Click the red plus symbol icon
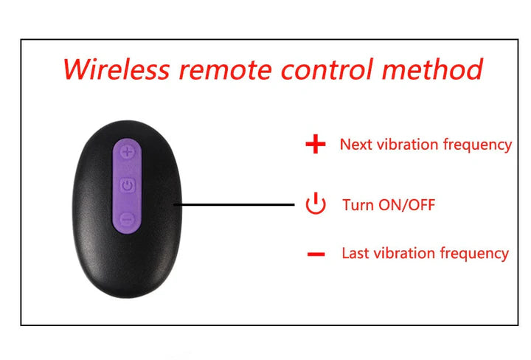[x=315, y=145]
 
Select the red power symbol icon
[x=315, y=204]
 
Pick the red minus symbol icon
[x=316, y=255]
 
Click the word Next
[x=355, y=145]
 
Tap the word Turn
[x=358, y=205]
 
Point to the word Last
[x=355, y=254]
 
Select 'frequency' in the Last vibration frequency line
[x=474, y=254]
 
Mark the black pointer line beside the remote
[x=235, y=204]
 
